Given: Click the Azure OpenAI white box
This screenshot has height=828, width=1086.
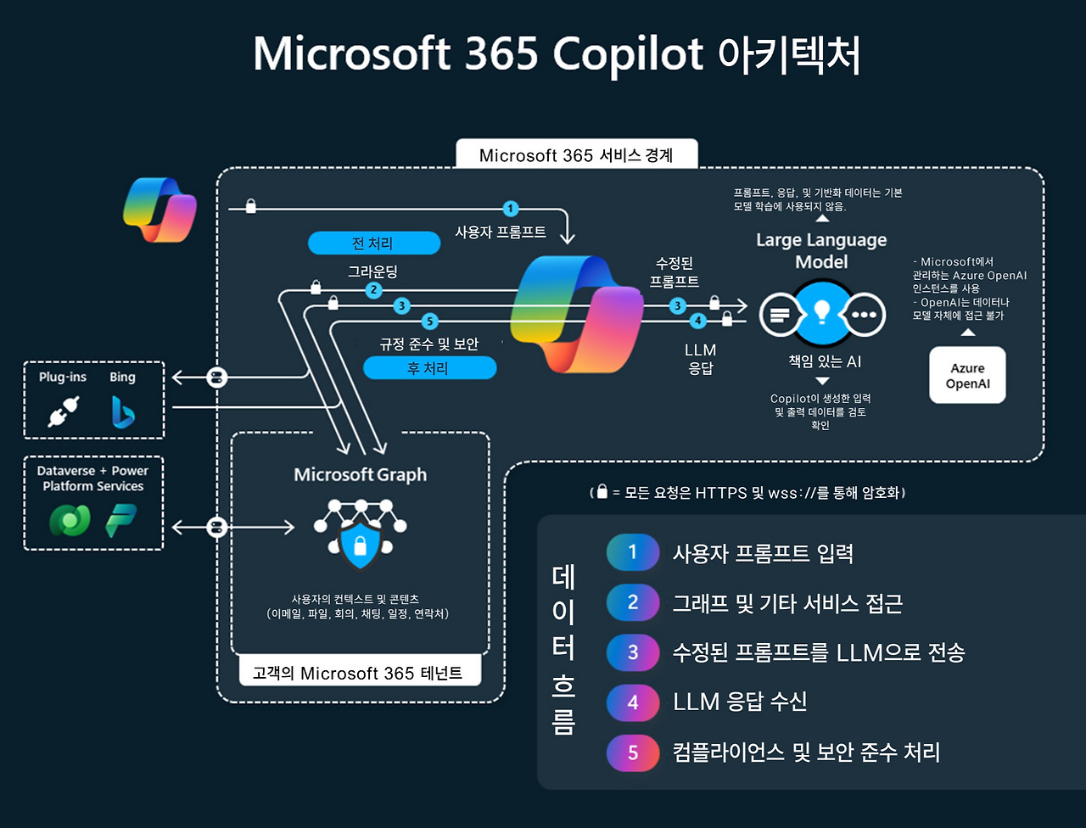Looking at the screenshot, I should click(967, 375).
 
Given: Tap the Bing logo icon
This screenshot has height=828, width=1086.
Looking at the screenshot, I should click(123, 413).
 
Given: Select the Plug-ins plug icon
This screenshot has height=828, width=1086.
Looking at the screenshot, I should click(62, 413).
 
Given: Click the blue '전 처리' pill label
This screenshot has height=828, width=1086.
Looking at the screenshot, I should click(373, 243).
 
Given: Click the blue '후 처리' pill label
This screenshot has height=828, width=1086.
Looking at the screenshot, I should click(428, 368).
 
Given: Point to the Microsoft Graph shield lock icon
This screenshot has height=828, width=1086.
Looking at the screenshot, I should click(361, 546).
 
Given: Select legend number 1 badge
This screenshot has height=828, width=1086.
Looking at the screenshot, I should click(633, 553).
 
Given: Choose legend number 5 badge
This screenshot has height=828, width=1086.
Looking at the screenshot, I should click(633, 752).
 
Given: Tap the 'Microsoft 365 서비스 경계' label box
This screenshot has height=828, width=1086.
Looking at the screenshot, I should click(576, 155).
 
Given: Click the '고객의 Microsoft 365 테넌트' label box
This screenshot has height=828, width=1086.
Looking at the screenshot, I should click(357, 673).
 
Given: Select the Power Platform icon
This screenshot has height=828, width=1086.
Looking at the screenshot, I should click(121, 521).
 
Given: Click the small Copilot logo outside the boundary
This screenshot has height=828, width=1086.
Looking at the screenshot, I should click(160, 210).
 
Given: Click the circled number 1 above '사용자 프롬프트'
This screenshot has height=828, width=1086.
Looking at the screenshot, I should click(510, 208).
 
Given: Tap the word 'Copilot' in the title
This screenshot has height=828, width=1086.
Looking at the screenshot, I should click(628, 55).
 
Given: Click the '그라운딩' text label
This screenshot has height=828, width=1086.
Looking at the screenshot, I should click(372, 271).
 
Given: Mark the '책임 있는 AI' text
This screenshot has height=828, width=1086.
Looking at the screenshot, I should click(824, 361).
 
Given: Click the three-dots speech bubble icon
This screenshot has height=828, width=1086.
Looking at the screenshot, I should click(865, 315).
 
